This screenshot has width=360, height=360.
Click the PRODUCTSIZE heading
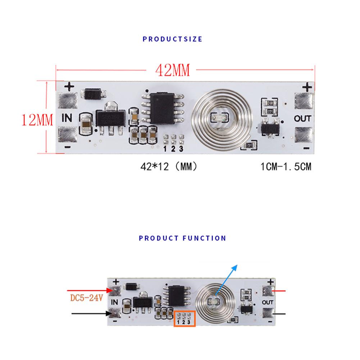[172, 39]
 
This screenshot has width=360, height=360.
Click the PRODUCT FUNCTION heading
[182, 238]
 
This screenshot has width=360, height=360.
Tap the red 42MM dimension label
[172, 70]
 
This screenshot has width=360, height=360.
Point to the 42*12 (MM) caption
[169, 167]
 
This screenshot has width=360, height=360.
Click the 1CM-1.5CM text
[286, 167]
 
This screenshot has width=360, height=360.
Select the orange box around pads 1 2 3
[184, 318]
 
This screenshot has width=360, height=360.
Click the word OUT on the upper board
[302, 118]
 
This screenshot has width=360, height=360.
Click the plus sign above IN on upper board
[69, 86]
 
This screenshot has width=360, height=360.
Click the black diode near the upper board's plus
[94, 94]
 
